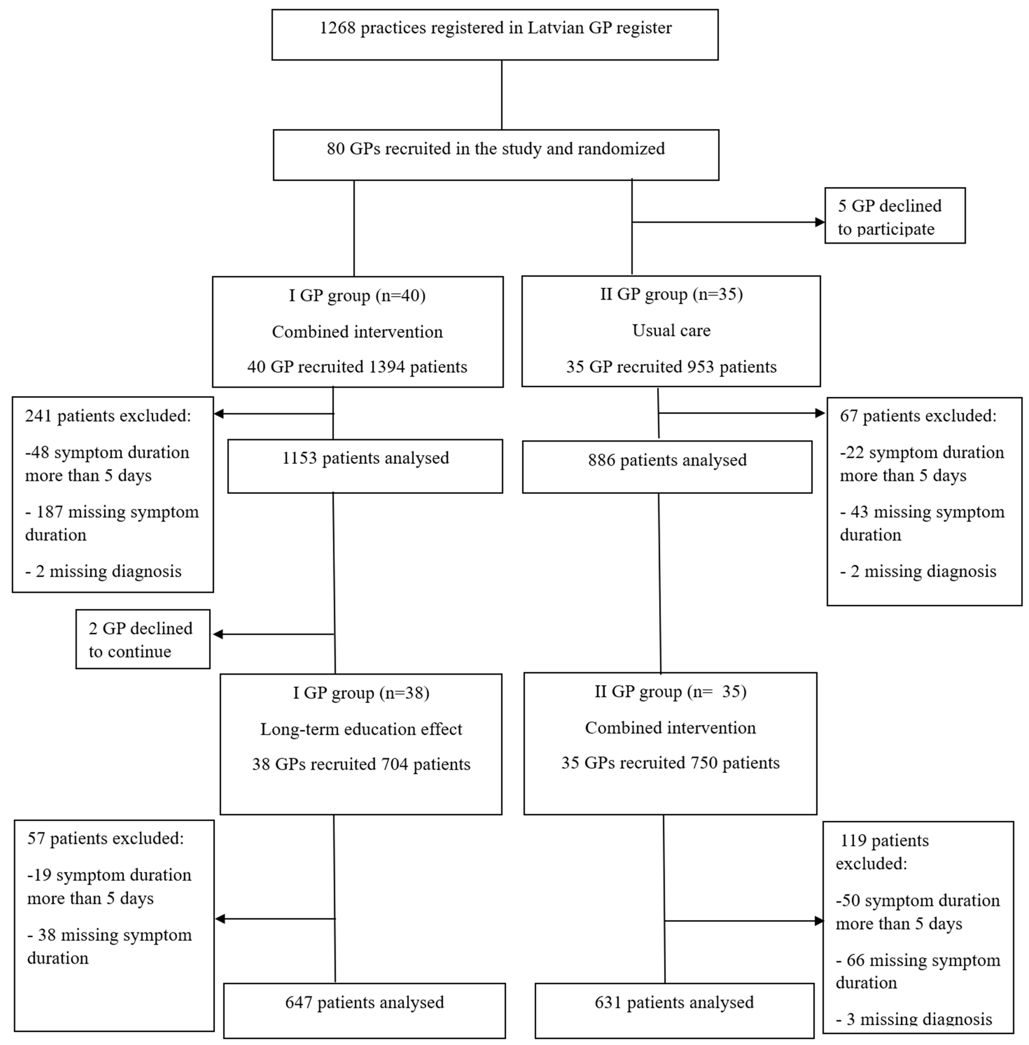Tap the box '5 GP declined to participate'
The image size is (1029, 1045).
pyautogui.click(x=894, y=216)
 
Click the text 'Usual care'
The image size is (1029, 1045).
pyautogui.click(x=671, y=331)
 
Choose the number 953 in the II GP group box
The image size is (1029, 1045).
pyautogui.click(x=701, y=367)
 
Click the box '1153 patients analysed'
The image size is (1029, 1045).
pyautogui.click(x=365, y=466)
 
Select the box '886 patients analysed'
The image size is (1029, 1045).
pyautogui.click(x=667, y=467)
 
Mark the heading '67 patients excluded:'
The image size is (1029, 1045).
pyautogui.click(x=918, y=416)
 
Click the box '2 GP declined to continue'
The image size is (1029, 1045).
pyautogui.click(x=143, y=639)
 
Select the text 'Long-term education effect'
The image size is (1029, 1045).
pyautogui.click(x=361, y=729)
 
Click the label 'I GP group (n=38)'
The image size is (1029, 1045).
pyautogui.click(x=361, y=693)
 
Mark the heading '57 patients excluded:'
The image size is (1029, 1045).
pyautogui.click(x=105, y=839)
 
